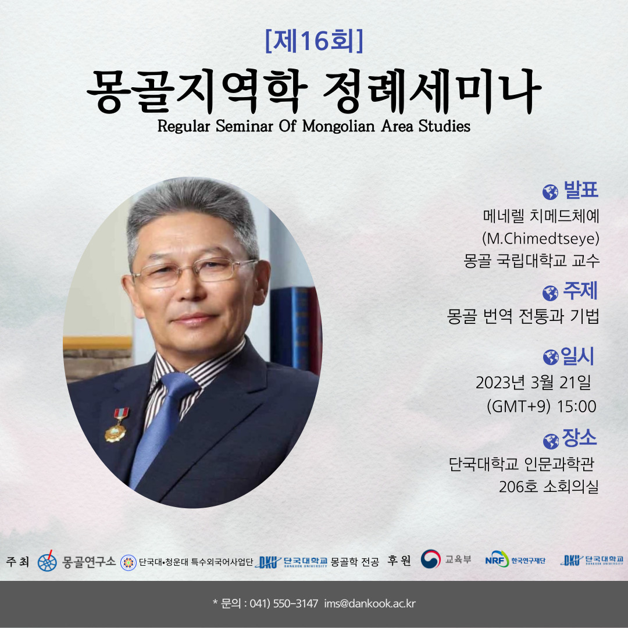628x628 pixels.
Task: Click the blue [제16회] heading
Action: (x=314, y=41)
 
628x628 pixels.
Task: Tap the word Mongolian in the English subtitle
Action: (x=338, y=126)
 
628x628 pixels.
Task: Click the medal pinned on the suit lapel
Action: (x=117, y=425)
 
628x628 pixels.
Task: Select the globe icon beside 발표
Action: (x=550, y=192)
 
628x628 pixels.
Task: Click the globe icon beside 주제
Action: (x=550, y=293)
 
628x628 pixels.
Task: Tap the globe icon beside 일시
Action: (x=551, y=357)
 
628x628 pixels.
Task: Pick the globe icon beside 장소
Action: (x=551, y=441)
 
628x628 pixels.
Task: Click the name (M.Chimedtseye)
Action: (x=541, y=239)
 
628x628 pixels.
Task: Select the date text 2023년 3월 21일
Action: (x=533, y=383)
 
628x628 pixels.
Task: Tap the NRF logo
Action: (x=497, y=559)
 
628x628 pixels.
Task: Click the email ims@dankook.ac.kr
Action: (x=370, y=604)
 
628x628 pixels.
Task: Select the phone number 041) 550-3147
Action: (x=284, y=604)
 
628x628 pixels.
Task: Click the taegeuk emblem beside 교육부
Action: (x=430, y=559)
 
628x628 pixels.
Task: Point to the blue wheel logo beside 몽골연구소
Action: (x=47, y=561)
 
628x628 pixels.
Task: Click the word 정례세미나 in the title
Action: (x=432, y=92)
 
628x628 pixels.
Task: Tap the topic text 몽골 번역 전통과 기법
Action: (x=523, y=316)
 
